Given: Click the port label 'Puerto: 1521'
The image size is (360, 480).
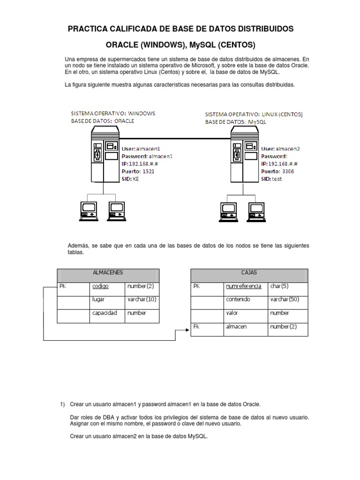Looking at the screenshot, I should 138,172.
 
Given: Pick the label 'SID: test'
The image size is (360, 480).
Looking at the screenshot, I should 272,179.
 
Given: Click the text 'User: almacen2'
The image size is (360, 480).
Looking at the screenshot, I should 280,149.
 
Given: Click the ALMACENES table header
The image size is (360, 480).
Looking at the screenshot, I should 108,272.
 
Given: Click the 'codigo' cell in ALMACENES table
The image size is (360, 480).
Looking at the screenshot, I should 101,285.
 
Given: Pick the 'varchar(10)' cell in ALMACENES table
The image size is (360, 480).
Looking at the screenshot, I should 141,299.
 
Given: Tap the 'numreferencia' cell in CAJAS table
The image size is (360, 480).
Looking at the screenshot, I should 243,285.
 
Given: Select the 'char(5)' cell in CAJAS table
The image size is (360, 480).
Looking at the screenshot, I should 279,285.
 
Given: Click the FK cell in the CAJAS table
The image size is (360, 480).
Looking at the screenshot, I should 196,327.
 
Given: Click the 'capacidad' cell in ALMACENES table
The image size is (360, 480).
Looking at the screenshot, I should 105,313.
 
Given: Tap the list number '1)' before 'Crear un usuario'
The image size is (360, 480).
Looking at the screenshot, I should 62,404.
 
